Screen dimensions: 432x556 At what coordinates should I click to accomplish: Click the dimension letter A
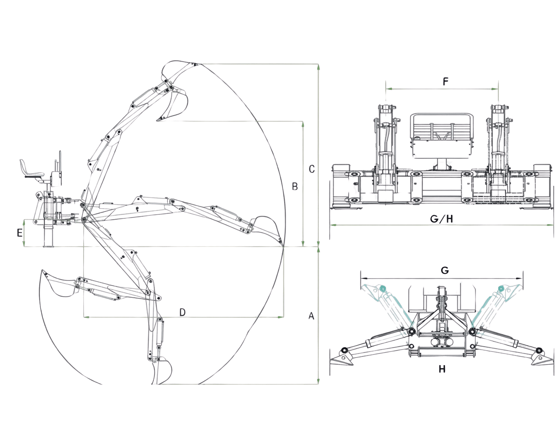[x=311, y=316]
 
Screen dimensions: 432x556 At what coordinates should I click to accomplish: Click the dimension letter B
[x=295, y=186]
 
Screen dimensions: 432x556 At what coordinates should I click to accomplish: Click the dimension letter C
[x=312, y=169]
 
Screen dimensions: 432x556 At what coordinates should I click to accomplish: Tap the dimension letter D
[x=182, y=312]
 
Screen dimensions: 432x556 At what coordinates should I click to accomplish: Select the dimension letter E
[x=20, y=233]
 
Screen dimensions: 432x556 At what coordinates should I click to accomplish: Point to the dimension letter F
[x=445, y=82]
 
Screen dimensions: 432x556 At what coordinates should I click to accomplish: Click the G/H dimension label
[x=441, y=219]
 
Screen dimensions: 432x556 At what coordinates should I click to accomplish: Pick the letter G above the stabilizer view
[x=445, y=271]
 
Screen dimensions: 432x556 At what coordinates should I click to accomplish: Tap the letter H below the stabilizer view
[x=442, y=369]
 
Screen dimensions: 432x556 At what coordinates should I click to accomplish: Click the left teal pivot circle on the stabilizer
[x=383, y=288]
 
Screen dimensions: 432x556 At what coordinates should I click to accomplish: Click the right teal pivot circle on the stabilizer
[x=501, y=289]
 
